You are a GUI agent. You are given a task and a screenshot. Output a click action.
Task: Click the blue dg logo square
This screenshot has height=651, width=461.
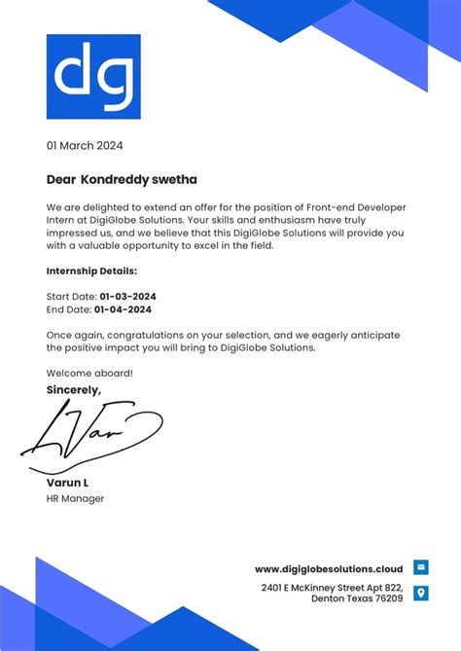93,77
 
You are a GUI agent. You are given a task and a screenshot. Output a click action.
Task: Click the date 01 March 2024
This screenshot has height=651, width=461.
85,146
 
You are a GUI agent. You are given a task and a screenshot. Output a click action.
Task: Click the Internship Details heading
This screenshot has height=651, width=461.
91,271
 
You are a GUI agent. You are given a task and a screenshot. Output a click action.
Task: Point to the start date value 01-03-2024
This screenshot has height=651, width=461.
127,296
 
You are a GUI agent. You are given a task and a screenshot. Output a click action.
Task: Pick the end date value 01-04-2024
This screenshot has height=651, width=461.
123,309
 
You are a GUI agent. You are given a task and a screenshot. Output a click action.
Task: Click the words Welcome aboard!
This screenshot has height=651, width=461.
89,374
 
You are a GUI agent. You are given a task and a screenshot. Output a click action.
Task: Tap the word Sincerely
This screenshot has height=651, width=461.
74,390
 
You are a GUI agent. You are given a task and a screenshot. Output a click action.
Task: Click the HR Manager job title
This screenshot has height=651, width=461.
75,499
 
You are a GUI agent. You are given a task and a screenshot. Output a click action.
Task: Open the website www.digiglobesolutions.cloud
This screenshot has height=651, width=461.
329,568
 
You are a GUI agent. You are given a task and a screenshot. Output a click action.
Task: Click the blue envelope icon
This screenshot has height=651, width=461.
421,567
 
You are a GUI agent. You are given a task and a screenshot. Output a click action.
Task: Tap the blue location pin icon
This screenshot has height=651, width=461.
421,593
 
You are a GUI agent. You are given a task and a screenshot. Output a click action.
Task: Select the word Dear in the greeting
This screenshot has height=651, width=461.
60,180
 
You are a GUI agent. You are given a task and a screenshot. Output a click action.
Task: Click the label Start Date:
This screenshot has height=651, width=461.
71,296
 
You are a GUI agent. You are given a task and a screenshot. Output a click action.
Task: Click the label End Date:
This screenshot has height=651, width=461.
68,309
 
